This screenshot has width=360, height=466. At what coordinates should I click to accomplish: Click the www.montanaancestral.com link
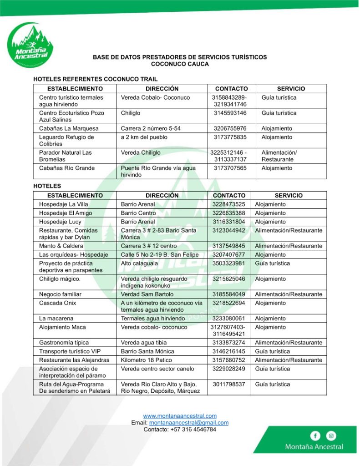(180, 415)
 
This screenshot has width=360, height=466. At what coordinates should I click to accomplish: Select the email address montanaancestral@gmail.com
(189, 422)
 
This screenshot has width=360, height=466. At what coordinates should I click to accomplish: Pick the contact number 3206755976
(230, 128)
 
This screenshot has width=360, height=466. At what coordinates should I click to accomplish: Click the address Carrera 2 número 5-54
(151, 128)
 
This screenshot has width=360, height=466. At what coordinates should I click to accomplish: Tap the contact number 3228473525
(228, 204)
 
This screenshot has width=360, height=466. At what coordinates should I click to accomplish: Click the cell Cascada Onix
(58, 303)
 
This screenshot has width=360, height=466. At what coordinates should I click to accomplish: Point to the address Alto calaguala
(139, 263)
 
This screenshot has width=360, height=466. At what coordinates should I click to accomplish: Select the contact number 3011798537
(228, 385)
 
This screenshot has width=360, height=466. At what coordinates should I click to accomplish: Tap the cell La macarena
(56, 319)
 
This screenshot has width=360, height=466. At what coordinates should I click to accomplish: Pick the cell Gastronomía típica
(64, 343)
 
